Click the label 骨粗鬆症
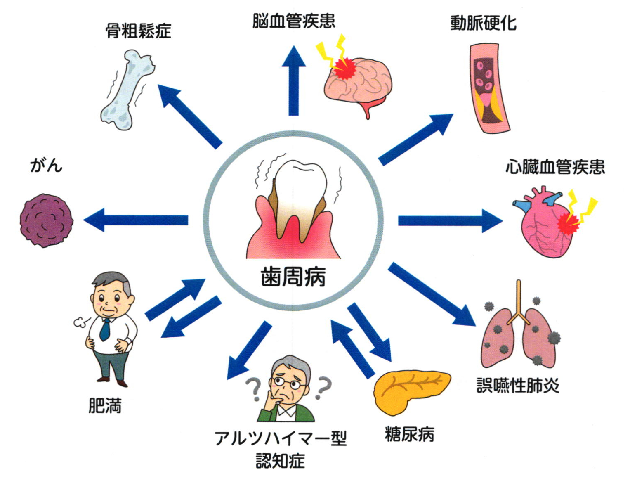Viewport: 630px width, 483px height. pos(138,31)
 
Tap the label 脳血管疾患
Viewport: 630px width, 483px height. pos(293,21)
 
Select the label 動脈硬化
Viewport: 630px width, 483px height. pos(483,23)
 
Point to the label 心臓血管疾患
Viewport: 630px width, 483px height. pos(555,167)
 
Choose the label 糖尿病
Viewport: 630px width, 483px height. pos(409,434)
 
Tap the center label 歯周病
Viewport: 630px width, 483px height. pos(293,277)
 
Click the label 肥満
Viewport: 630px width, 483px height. pos(105,406)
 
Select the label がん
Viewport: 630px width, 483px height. pos(46,166)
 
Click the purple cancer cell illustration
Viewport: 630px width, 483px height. pos(46,221)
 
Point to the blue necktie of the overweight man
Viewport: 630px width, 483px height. pos(105,328)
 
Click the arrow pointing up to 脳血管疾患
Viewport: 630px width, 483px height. pos(293,80)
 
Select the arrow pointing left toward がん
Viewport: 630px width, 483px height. pos(136,220)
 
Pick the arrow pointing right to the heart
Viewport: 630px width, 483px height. pos(450,220)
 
